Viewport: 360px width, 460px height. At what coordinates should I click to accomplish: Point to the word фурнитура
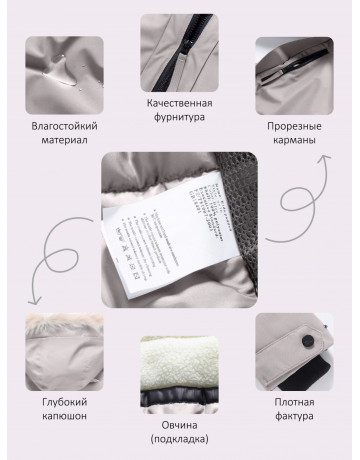click(x=181, y=117)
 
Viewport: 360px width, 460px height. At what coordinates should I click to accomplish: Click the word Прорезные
click(x=295, y=127)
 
